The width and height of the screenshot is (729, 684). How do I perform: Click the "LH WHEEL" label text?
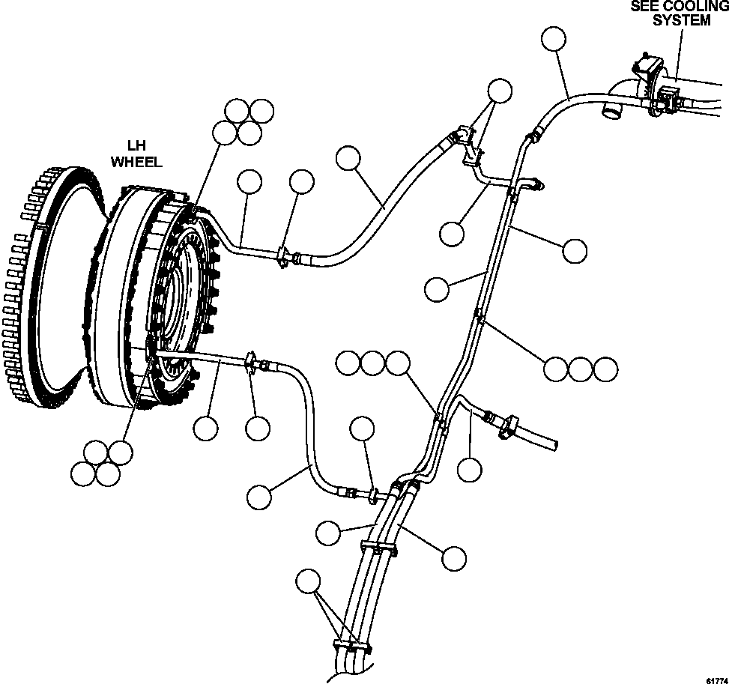point(136,154)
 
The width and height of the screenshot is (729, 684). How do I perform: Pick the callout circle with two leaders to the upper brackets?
point(499,91)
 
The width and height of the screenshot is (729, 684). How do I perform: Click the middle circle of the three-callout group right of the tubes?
point(581,369)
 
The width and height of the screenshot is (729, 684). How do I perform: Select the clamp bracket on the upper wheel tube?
point(284,257)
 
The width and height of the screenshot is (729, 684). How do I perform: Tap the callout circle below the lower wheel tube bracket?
point(257,429)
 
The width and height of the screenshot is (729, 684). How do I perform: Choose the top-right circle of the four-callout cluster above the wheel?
point(261,111)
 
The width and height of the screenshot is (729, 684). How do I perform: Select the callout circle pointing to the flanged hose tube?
point(470,470)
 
